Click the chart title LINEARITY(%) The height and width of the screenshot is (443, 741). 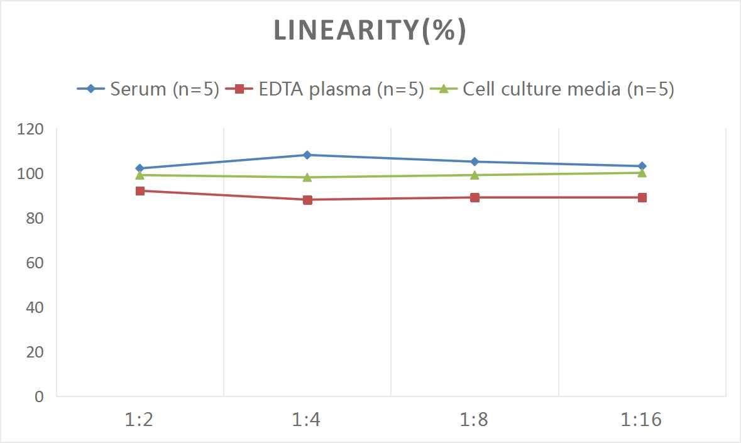[370, 31]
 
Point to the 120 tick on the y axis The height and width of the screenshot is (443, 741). [31, 129]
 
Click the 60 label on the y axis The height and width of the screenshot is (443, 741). [35, 263]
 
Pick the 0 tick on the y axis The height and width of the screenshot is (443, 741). [39, 397]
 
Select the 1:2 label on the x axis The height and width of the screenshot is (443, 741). [140, 420]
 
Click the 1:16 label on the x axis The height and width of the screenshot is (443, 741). [642, 420]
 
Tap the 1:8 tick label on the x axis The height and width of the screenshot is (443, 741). [475, 420]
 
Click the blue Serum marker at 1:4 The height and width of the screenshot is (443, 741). [307, 155]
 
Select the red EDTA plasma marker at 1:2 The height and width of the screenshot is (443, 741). [140, 190]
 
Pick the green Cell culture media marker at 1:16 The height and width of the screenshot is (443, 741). [642, 173]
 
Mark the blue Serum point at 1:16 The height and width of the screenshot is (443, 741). [642, 166]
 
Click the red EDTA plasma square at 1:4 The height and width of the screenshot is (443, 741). [307, 200]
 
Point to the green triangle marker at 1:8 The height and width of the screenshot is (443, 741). [475, 175]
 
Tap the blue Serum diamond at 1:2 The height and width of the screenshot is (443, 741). [140, 168]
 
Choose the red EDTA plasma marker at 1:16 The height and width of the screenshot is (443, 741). [642, 197]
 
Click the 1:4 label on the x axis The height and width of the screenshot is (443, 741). [307, 420]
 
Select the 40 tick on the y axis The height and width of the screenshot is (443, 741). [35, 307]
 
